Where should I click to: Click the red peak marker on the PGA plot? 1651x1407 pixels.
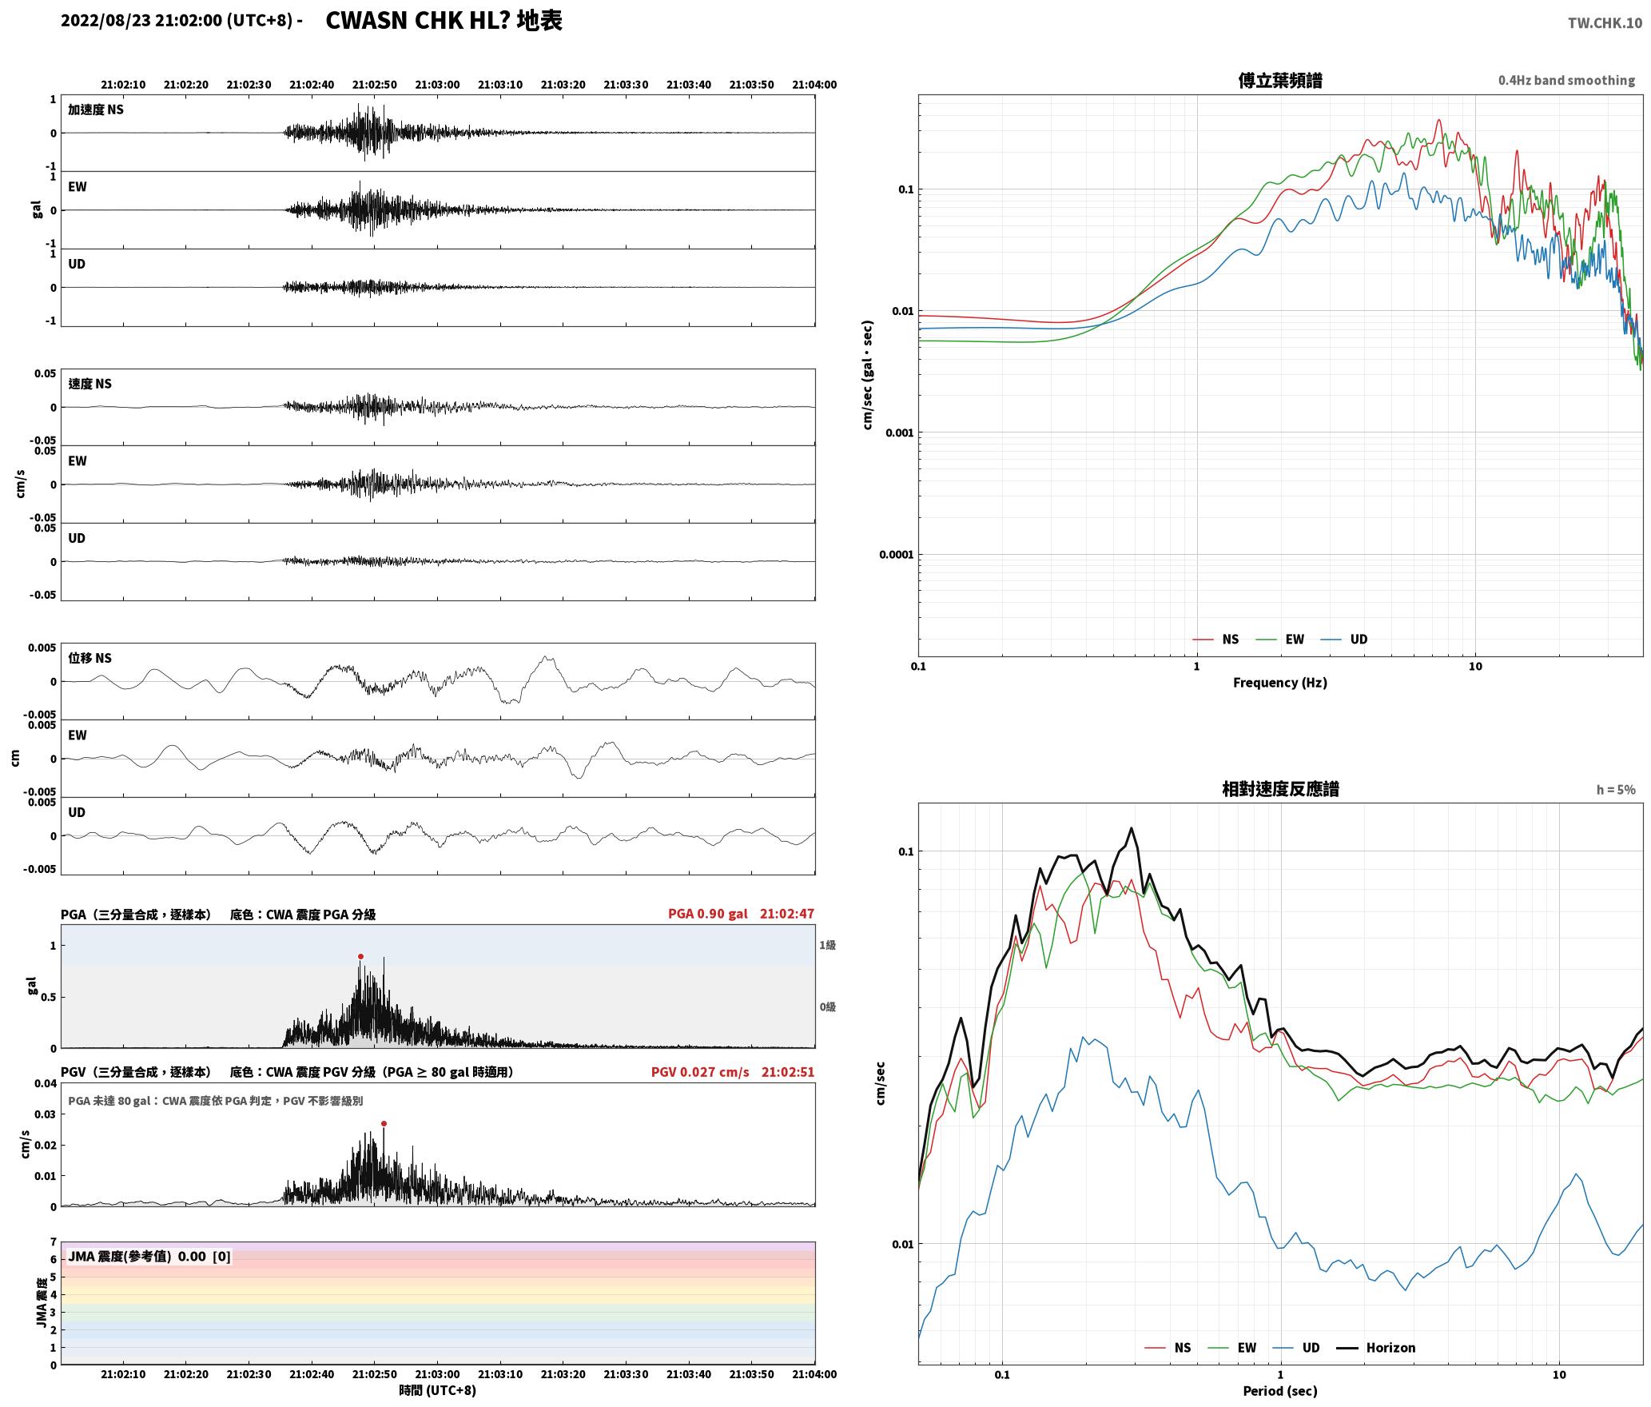(360, 956)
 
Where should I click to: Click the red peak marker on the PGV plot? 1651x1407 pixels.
(384, 1123)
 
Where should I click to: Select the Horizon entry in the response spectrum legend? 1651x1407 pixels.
(1376, 1348)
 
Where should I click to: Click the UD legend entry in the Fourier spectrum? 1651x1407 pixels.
(1344, 640)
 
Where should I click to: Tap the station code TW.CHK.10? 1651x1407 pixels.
(1605, 23)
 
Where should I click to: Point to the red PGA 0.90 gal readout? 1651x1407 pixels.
(708, 914)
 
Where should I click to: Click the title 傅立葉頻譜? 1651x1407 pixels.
(1280, 81)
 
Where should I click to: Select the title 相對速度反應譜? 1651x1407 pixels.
(1280, 789)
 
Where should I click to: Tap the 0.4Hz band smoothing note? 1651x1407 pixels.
(1566, 81)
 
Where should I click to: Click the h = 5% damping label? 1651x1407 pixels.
(1616, 790)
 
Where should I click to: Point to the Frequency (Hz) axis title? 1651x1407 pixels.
(1280, 683)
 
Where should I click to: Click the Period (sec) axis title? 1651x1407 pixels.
(1280, 1391)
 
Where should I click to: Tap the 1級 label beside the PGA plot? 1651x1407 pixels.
(827, 946)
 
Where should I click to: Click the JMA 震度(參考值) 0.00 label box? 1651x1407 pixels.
(149, 1257)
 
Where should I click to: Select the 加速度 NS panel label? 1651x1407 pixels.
(96, 110)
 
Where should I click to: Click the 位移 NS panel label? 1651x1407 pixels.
(90, 658)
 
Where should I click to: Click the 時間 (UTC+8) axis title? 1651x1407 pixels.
(438, 1390)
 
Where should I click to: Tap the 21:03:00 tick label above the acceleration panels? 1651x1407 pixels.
(438, 85)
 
